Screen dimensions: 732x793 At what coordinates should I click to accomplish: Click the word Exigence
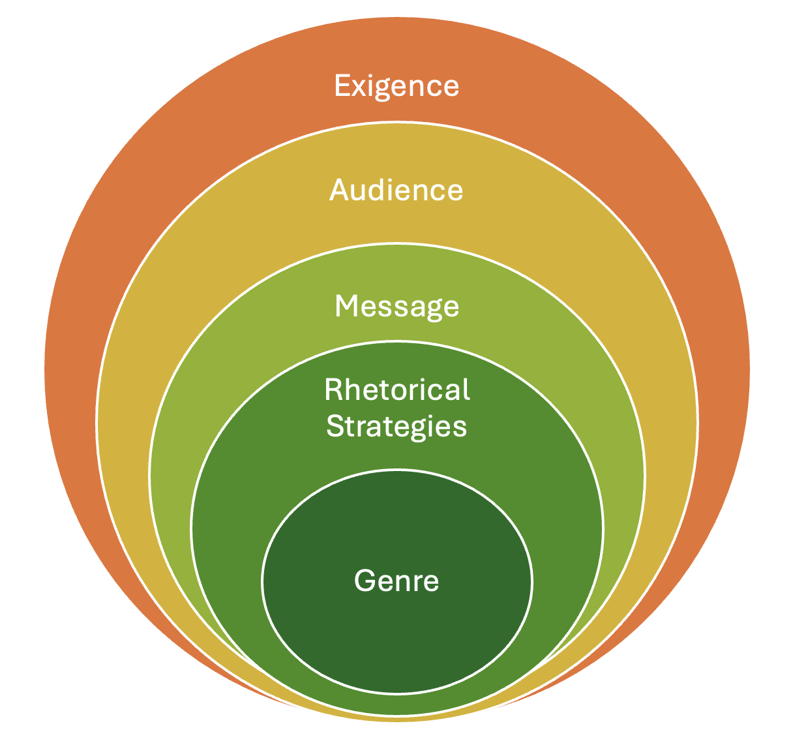point(396,86)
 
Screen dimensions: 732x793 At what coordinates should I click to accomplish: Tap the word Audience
point(396,190)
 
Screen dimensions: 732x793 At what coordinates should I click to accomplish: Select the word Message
point(396,307)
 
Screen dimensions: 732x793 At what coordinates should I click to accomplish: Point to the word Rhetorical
point(396,389)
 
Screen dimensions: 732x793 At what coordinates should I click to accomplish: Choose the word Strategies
point(396,427)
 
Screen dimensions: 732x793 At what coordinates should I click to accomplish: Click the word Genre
point(396,580)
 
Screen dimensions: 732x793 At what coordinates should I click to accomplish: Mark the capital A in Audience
point(338,190)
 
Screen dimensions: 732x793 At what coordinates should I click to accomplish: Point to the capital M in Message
point(345,306)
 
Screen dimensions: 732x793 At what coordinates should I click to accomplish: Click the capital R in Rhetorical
point(333,389)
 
